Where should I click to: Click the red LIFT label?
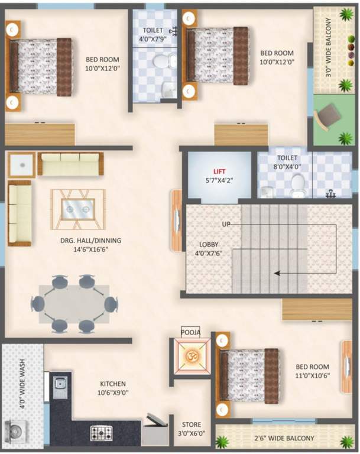(x=220, y=171)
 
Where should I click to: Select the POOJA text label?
(x=190, y=333)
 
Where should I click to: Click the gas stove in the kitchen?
(x=102, y=433)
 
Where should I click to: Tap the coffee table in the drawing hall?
(x=78, y=209)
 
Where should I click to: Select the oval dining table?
(x=74, y=304)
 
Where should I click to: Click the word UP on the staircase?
(x=226, y=225)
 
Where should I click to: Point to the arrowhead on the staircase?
(x=276, y=273)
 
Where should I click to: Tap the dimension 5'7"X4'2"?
(x=219, y=181)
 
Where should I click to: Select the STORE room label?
(x=192, y=424)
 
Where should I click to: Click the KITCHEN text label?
(x=112, y=384)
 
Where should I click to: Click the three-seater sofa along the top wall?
(x=70, y=163)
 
